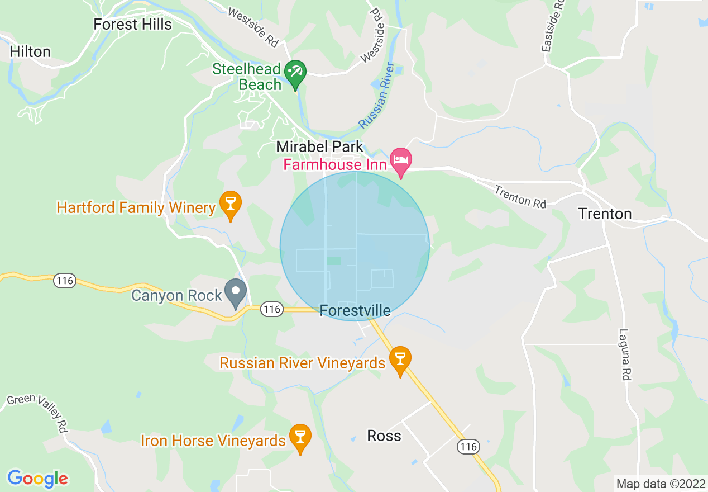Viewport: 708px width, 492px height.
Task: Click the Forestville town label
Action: click(355, 310)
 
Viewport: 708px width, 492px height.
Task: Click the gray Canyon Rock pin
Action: click(236, 291)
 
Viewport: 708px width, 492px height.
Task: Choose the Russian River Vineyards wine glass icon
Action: click(400, 359)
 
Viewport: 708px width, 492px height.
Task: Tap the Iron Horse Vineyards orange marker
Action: click(300, 437)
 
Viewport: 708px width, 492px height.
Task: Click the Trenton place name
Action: click(605, 214)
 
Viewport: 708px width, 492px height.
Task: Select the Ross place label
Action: click(384, 436)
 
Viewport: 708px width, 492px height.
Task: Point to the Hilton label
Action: click(30, 52)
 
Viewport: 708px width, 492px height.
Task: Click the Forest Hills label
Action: click(132, 25)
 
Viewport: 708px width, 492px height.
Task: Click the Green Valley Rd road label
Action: click(37, 411)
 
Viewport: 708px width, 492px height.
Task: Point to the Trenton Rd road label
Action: click(520, 197)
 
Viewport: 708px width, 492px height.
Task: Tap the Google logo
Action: click(37, 479)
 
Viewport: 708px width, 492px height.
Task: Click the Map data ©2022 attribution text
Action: click(659, 483)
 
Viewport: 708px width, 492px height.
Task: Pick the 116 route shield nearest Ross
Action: click(467, 446)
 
